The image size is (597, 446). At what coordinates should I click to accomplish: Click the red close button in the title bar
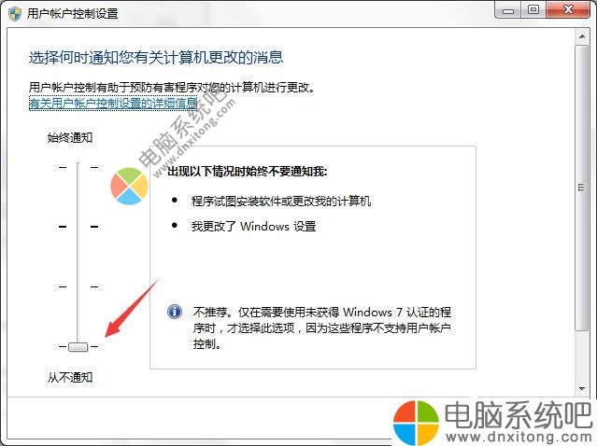pos(568,9)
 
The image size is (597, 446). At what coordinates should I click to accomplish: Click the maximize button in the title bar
pos(533,9)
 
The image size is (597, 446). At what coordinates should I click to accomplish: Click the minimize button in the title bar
pos(508,10)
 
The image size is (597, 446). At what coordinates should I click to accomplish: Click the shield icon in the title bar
pos(14,14)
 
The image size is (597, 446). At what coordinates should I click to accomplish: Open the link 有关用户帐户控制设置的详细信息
pos(113,103)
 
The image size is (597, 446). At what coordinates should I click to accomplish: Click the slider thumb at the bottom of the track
pos(78,347)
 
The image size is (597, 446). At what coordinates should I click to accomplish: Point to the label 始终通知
pos(70,137)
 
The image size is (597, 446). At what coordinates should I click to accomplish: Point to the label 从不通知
pos(70,377)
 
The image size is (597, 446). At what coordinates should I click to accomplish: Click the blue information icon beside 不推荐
pos(175,312)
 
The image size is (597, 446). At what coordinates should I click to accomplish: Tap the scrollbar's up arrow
pos(582,36)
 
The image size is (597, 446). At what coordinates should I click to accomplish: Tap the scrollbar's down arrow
pos(582,388)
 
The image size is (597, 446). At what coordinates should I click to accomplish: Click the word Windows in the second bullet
pos(264,226)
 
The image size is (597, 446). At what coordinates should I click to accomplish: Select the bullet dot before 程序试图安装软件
pos(175,200)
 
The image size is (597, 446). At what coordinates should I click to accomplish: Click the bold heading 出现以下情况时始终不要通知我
pos(247,172)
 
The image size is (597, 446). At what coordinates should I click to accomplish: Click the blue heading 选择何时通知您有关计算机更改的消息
pos(156,58)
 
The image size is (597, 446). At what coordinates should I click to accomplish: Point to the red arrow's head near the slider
pos(107,335)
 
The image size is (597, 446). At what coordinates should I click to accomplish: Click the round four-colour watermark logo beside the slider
pos(129,186)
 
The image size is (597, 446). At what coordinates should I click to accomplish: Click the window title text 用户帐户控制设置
pos(72,14)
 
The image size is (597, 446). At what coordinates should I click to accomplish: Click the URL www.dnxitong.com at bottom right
pos(519,437)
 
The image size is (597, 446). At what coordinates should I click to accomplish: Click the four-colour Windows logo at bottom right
pos(416,423)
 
